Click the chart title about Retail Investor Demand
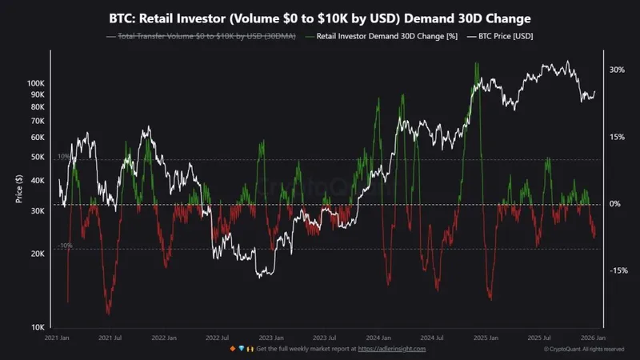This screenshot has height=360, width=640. point(320,17)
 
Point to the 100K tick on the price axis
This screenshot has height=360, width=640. point(37,83)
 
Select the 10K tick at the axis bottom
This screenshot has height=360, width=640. point(38,327)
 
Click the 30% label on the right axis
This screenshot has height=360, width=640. point(616,70)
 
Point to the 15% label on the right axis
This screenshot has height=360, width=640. point(616,137)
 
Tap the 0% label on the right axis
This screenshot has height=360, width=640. point(614,204)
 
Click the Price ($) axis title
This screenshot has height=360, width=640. point(18,189)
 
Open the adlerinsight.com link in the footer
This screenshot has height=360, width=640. point(391,349)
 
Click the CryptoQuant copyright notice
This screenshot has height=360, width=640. point(584,349)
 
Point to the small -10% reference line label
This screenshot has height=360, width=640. point(65,246)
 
